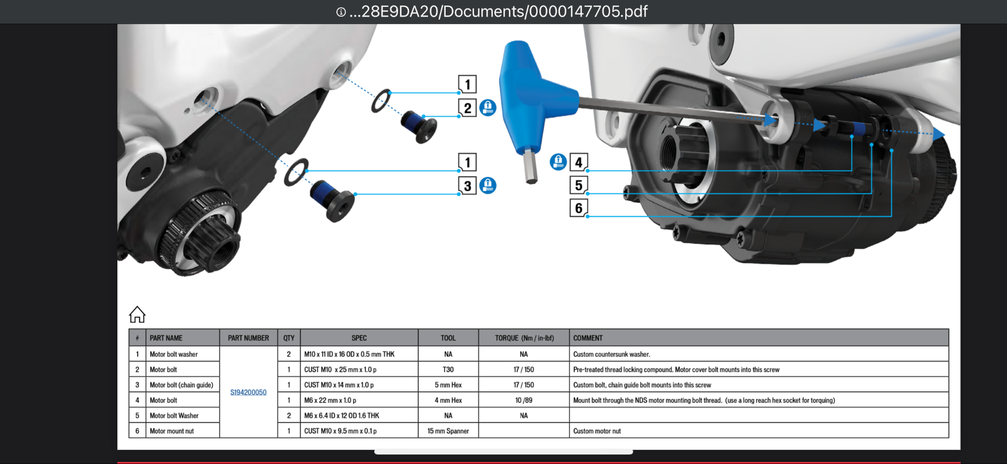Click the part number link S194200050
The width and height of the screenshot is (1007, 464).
pos(248,393)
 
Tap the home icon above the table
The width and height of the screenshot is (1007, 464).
pos(137,315)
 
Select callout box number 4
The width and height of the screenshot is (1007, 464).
pos(579,163)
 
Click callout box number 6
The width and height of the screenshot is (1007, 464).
pos(579,208)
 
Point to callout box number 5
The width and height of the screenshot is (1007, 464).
pos(579,185)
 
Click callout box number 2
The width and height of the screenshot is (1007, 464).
pos(467,108)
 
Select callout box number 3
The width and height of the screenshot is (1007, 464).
pos(467,186)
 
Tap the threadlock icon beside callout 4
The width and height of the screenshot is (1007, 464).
pos(558,162)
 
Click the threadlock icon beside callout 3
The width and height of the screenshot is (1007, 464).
pos(488,185)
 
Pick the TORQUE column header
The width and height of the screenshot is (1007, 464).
pos(524,338)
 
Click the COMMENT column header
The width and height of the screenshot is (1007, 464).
pos(588,338)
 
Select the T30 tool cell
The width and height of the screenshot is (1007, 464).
pos(448,369)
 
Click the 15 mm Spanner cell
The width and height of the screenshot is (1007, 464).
pos(448,431)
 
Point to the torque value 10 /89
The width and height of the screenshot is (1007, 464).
pos(524,401)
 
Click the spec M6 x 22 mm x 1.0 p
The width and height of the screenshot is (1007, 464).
pos(330,401)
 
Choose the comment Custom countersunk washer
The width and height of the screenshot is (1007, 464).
pos(612,354)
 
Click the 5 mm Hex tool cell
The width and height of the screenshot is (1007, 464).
pos(448,385)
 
